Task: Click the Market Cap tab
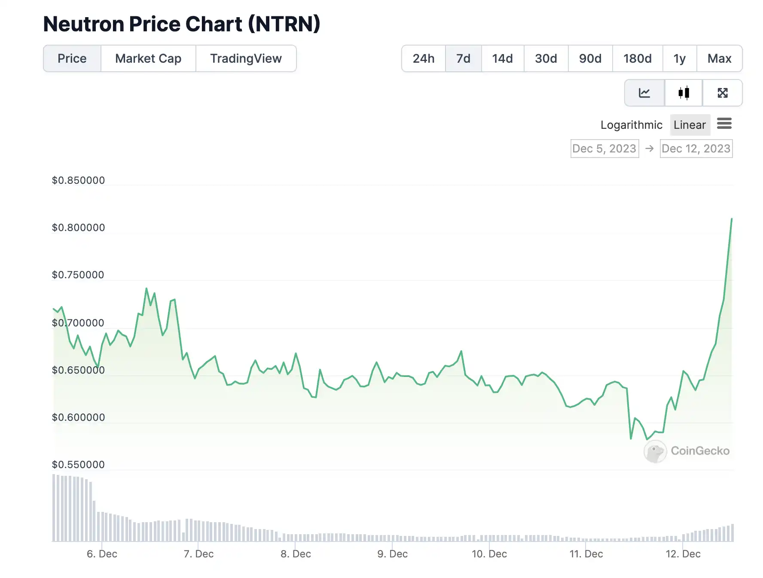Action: pyautogui.click(x=148, y=58)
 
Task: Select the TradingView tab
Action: pyautogui.click(x=246, y=58)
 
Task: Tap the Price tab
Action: pyautogui.click(x=72, y=58)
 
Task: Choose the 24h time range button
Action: pyautogui.click(x=424, y=58)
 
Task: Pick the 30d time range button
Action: pyautogui.click(x=546, y=58)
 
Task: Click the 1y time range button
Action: pyautogui.click(x=679, y=58)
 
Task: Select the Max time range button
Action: pyautogui.click(x=719, y=58)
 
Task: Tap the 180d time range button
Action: pyautogui.click(x=638, y=58)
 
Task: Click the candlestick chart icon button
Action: pyautogui.click(x=684, y=93)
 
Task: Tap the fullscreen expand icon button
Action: pyautogui.click(x=723, y=93)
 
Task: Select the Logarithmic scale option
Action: pyautogui.click(x=631, y=125)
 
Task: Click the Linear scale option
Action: pyautogui.click(x=690, y=125)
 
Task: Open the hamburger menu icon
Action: pyautogui.click(x=724, y=124)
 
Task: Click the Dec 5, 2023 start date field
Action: pyautogui.click(x=604, y=149)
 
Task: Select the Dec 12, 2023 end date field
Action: pyautogui.click(x=696, y=149)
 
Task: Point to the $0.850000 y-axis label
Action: pyautogui.click(x=78, y=180)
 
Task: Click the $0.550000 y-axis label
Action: pyautogui.click(x=78, y=465)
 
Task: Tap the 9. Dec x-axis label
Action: pyautogui.click(x=392, y=554)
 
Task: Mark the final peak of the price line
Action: pyautogui.click(x=732, y=219)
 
